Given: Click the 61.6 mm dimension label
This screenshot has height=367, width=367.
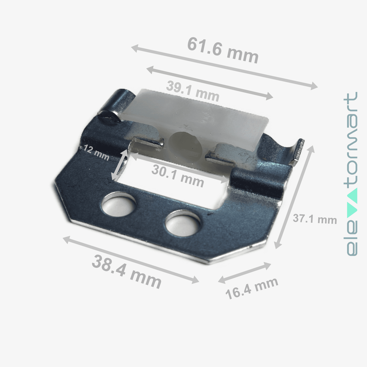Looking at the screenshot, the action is (x=223, y=50).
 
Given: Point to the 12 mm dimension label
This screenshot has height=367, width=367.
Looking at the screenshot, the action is (x=97, y=152).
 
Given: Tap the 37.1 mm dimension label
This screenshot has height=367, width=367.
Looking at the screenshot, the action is (x=315, y=219).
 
